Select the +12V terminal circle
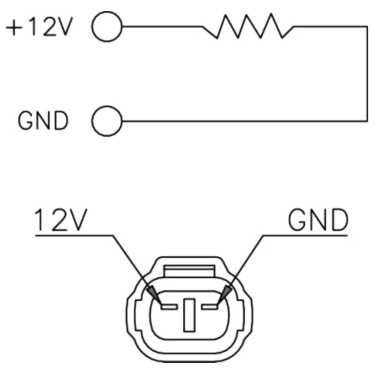[107, 27]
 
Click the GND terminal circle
[107, 121]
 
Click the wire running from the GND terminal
[243, 121]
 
